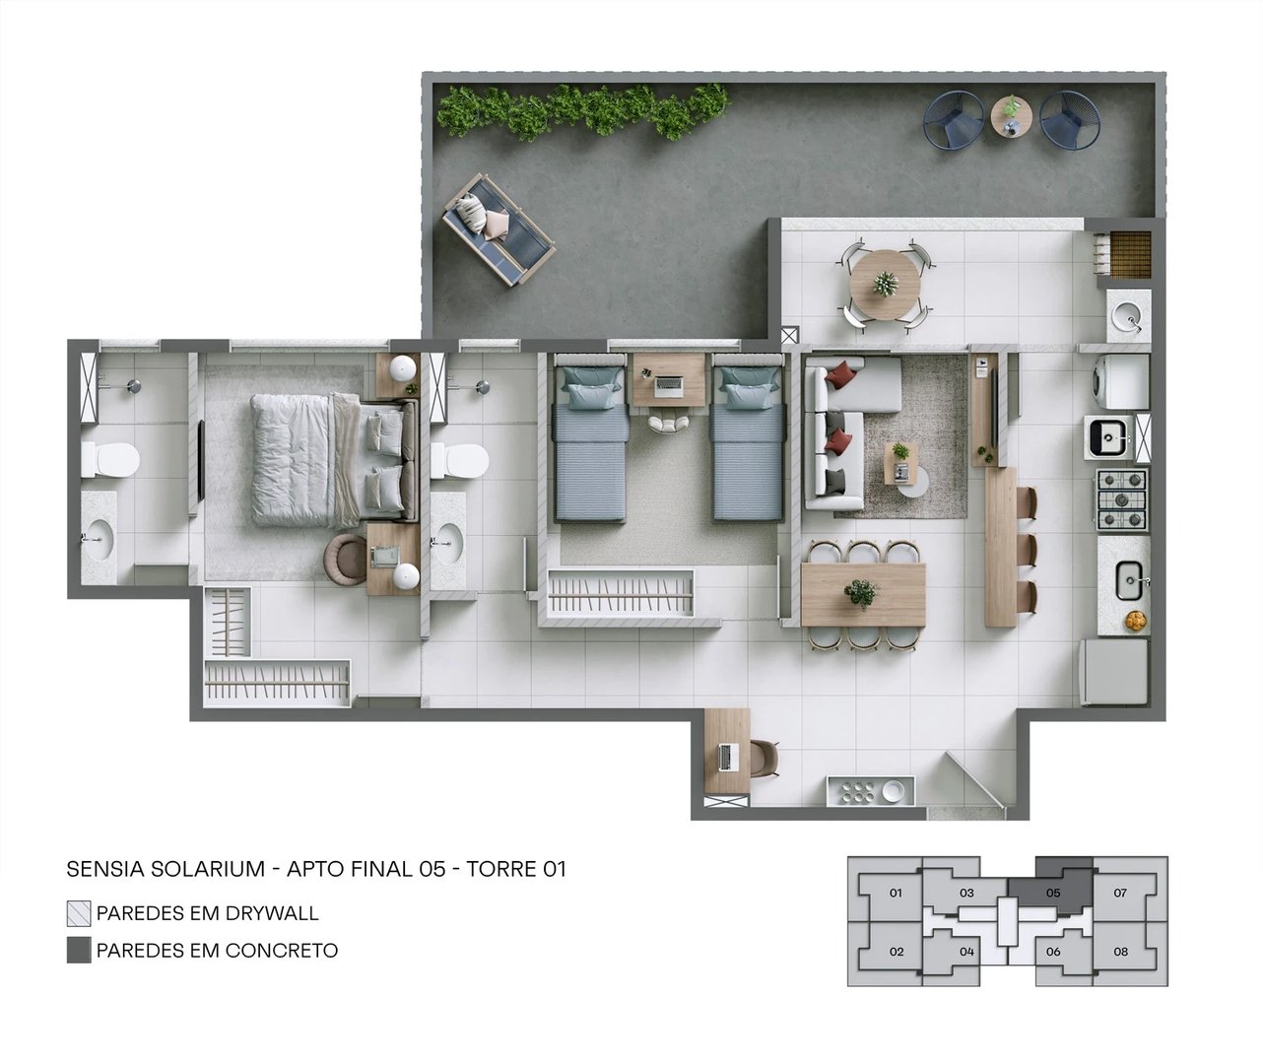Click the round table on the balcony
pyautogui.click(x=884, y=283)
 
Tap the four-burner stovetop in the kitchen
pyautogui.click(x=1122, y=499)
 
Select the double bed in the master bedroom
pyautogui.click(x=325, y=459)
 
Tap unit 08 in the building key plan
pyautogui.click(x=1121, y=952)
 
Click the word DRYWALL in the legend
pyautogui.click(x=272, y=913)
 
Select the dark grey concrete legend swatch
pyautogui.click(x=79, y=951)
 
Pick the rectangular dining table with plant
pyautogui.click(x=863, y=594)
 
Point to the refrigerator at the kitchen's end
pyautogui.click(x=1115, y=673)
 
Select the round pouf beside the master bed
pyautogui.click(x=345, y=560)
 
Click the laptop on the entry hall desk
pyautogui.click(x=727, y=757)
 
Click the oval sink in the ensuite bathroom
pyautogui.click(x=448, y=541)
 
